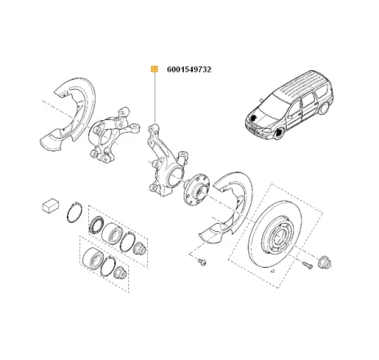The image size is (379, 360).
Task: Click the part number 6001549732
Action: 188,70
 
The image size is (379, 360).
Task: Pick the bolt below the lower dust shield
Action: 201,263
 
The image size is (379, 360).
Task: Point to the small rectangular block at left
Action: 50,205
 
